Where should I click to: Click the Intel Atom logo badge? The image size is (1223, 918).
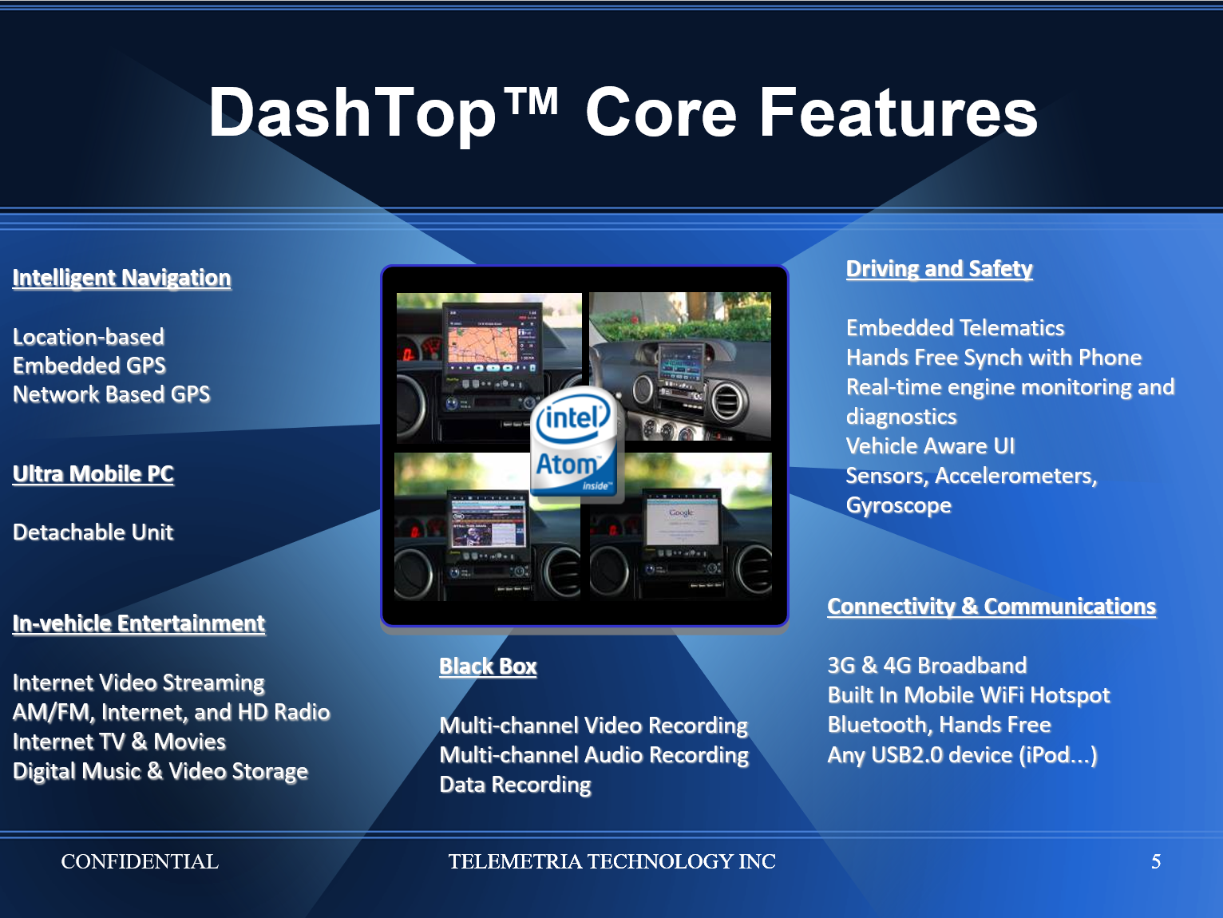(575, 443)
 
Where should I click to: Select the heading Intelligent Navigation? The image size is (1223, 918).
(121, 278)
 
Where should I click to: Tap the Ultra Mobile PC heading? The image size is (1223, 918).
(93, 474)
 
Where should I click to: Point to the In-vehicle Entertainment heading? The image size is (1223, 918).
(139, 623)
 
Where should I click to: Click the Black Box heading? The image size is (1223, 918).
(488, 667)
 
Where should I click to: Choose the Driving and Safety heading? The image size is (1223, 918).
(940, 269)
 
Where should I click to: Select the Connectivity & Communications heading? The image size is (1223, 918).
(991, 607)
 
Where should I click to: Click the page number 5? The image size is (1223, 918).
(1156, 862)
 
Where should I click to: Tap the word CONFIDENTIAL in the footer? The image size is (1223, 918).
(140, 862)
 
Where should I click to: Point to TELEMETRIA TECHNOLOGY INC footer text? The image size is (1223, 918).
(611, 862)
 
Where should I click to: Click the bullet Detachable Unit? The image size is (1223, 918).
(93, 532)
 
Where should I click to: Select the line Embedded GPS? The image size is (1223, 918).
(89, 366)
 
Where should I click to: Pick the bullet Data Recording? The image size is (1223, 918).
(516, 785)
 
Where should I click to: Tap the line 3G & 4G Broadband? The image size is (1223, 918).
(927, 666)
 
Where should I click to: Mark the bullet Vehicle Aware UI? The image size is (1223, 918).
(931, 446)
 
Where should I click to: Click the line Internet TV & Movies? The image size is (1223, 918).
(119, 742)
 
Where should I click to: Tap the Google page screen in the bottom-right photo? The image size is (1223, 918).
(682, 520)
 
